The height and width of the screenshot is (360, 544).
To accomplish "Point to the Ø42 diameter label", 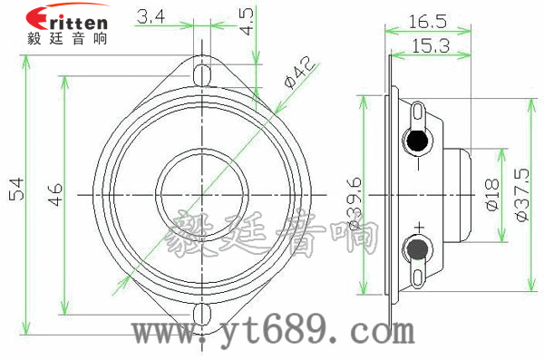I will tap(297, 73).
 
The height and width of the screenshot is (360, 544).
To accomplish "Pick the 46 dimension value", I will tap(54, 192).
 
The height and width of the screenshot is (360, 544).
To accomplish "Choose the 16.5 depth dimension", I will tap(423, 18).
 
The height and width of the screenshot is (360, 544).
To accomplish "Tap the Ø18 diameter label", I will tap(492, 193).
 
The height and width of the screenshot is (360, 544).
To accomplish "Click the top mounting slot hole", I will tap(204, 70).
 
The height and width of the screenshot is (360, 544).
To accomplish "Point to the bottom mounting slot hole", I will tap(204, 314).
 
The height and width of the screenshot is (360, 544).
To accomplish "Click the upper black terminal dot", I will tap(416, 141).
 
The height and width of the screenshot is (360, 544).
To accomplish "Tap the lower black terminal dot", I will tap(416, 247).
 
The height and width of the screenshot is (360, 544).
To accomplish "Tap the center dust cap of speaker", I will tap(200, 192).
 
